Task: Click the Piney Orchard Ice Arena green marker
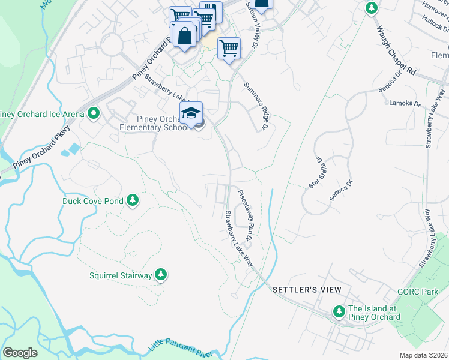tap(93, 113)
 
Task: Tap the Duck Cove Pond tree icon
tap(133, 201)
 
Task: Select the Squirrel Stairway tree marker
tap(160, 275)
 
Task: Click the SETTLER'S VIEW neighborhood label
tap(307, 290)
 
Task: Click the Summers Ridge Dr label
tap(255, 106)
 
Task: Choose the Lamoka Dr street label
tap(405, 103)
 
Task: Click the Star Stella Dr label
tap(316, 173)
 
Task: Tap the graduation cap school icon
tap(191, 113)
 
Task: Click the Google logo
tap(20, 353)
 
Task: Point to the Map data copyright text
tap(424, 355)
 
